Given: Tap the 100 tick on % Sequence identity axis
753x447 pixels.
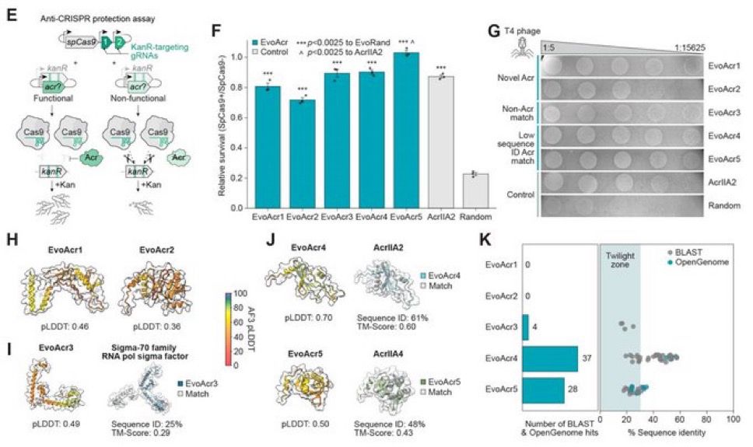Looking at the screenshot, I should pos(731,419).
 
